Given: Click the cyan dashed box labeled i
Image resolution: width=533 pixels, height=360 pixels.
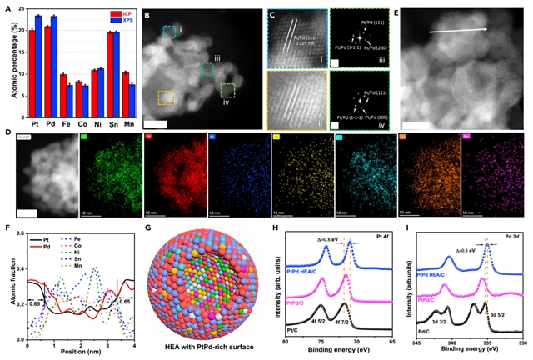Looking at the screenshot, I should (x=169, y=32).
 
